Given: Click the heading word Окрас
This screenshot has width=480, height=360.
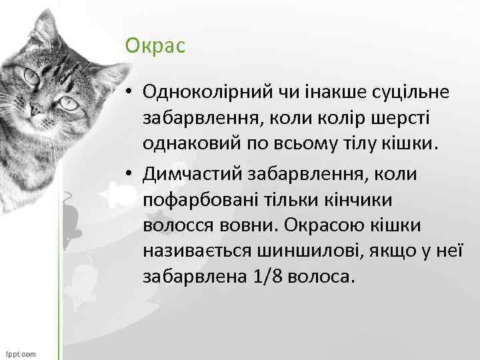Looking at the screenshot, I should (x=155, y=46).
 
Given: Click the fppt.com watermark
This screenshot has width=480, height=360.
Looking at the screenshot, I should (x=21, y=353).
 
